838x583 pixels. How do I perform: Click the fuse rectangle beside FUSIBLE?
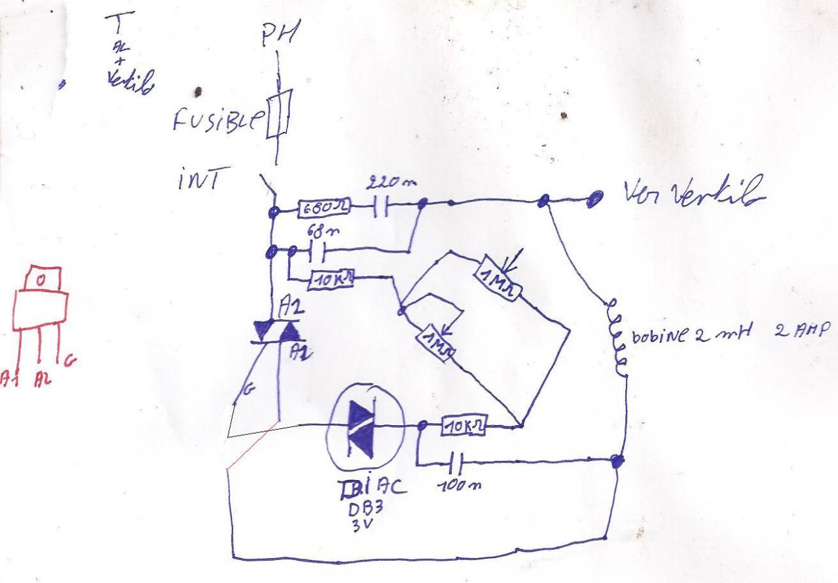coord(278,117)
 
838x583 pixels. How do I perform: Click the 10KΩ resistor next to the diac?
coord(464,426)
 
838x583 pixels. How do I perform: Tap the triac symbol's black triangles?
coord(278,331)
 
